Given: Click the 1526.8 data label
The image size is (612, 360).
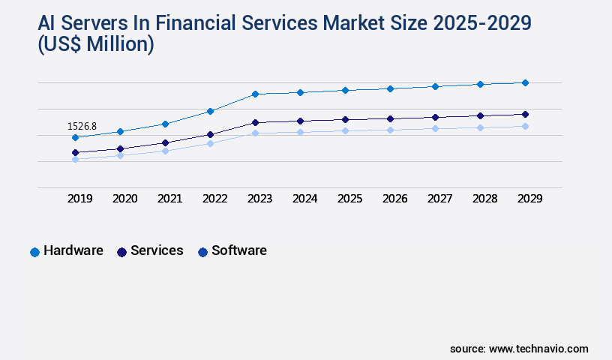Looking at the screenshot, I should click(x=82, y=127).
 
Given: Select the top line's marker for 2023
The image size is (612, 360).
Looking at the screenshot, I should click(x=255, y=94).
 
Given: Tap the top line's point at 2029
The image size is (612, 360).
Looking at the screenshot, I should click(x=525, y=82).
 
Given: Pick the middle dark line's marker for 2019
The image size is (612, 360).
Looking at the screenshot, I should click(x=75, y=152).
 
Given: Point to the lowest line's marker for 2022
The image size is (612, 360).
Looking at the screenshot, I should click(x=211, y=143).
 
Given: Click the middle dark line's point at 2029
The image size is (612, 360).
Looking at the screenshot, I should click(x=525, y=114).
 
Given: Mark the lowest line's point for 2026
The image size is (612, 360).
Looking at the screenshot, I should click(x=390, y=130).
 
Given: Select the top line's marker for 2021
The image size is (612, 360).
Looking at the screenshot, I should click(x=165, y=124).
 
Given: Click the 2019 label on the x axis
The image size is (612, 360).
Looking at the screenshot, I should click(x=80, y=199).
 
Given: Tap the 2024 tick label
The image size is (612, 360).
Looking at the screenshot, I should click(x=304, y=199).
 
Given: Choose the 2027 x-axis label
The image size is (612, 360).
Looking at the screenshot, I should click(x=439, y=199).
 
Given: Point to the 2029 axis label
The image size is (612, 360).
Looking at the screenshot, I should click(x=529, y=199).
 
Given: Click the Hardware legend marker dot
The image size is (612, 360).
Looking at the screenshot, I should click(x=34, y=252).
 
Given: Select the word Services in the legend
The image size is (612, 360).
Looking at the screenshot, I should click(x=157, y=251).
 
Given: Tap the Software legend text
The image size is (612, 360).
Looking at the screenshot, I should click(x=238, y=251).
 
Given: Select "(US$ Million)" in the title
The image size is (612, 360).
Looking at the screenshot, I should click(x=96, y=45).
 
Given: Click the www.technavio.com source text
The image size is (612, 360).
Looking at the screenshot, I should click(x=538, y=349).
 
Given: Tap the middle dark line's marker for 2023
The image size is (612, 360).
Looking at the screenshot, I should click(x=255, y=122).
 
